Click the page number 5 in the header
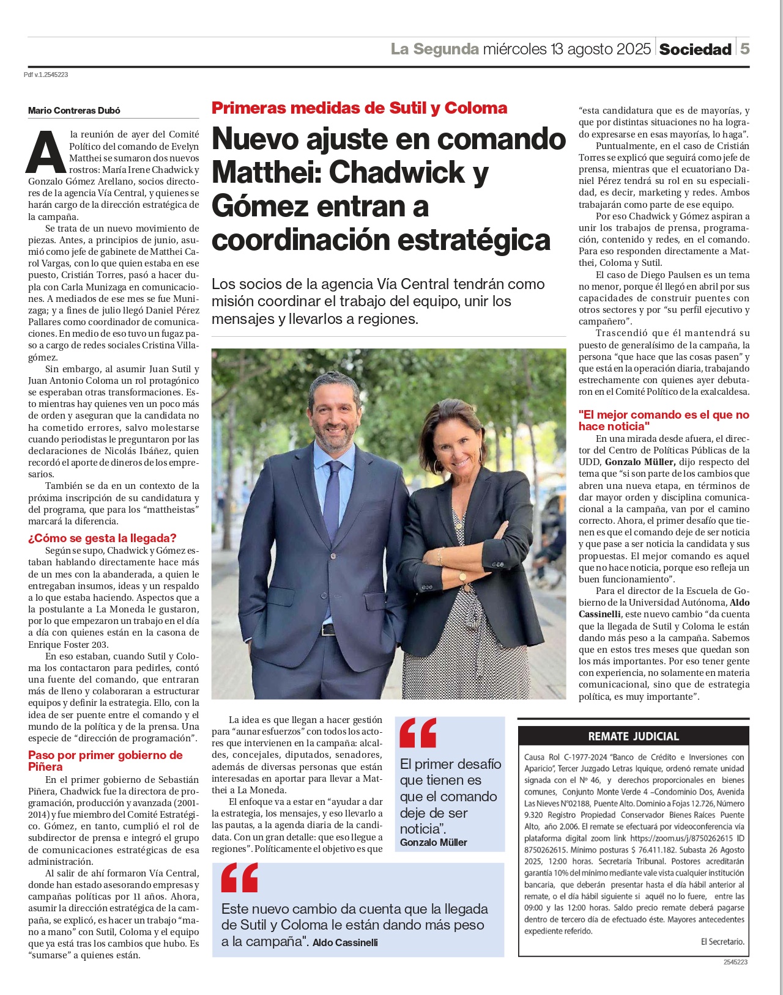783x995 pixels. (x=744, y=49)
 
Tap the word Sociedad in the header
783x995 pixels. (x=695, y=50)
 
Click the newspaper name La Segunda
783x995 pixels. (x=435, y=49)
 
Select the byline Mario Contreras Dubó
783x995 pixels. (x=74, y=111)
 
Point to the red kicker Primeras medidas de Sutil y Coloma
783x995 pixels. (x=359, y=108)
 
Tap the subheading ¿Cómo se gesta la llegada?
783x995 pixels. (x=102, y=538)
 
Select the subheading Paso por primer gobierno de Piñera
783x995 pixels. (x=105, y=760)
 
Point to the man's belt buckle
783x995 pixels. (x=329, y=630)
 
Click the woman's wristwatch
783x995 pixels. (x=462, y=576)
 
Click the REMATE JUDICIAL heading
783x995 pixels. (x=633, y=736)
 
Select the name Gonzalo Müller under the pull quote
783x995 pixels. (x=433, y=842)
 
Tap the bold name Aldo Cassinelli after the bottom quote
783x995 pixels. (x=345, y=942)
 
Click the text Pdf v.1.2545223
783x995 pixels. (x=46, y=75)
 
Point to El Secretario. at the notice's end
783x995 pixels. (x=722, y=942)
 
